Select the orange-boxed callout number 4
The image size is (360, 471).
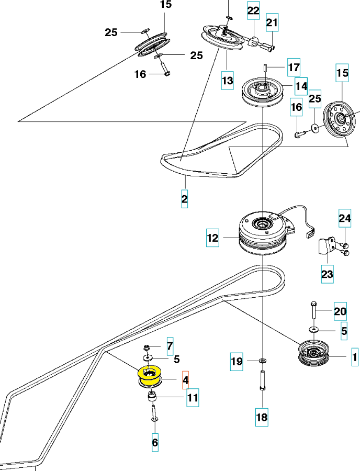point(186,380)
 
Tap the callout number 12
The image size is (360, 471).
point(212,238)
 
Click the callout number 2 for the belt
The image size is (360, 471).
point(184,198)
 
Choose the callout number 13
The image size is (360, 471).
point(227,80)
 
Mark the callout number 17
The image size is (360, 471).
point(294,67)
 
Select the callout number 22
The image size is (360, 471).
point(253,10)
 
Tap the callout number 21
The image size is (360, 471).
point(272,23)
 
